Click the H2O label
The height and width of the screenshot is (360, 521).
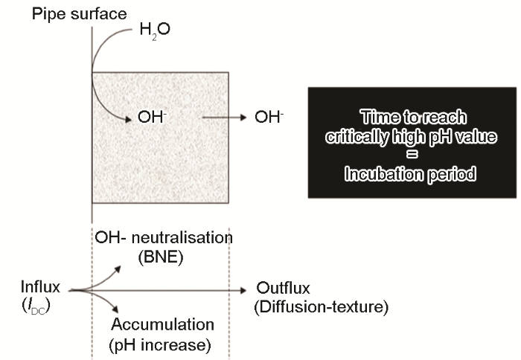[x=155, y=30]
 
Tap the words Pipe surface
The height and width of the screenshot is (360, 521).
[x=80, y=14]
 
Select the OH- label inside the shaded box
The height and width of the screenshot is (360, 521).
[x=152, y=118]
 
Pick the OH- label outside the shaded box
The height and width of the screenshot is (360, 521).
[x=269, y=118]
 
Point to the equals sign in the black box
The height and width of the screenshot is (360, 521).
[x=412, y=155]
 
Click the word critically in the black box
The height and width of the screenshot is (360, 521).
[x=357, y=137]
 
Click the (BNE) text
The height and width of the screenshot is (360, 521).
[x=161, y=257]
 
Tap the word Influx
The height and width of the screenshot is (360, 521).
[x=40, y=286]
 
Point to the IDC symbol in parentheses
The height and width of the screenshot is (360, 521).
[x=36, y=306]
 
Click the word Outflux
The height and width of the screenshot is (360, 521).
[x=283, y=288]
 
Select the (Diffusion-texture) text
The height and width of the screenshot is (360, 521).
[x=322, y=307]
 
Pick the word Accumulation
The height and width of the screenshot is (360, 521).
[x=162, y=324]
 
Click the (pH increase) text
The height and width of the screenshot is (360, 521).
[x=160, y=344]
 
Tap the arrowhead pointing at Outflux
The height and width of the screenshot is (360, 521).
[x=243, y=291]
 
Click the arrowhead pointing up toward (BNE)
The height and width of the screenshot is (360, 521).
[x=117, y=269]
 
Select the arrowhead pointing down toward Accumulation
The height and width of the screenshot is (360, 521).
[x=115, y=309]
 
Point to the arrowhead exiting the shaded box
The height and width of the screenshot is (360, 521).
[x=243, y=118]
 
